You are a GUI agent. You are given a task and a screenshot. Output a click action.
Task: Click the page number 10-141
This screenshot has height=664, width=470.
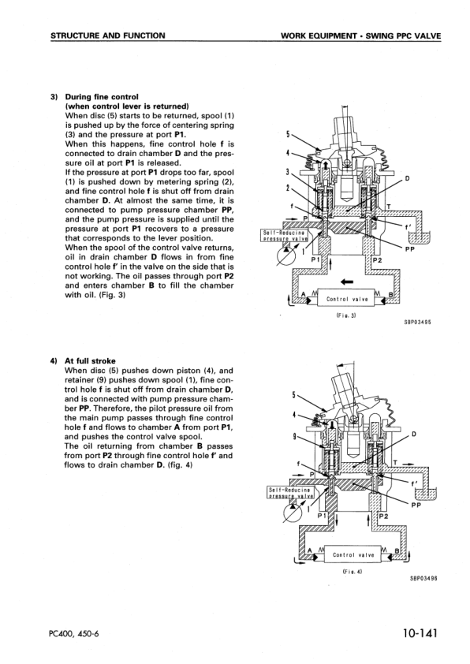coord(414,633)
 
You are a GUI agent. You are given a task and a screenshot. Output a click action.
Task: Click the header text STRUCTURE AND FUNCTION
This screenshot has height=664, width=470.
coord(107,35)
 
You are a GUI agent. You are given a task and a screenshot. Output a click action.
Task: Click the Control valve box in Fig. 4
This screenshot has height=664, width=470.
coord(348,554)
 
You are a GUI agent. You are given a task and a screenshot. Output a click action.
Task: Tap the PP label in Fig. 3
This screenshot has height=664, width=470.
coord(409,249)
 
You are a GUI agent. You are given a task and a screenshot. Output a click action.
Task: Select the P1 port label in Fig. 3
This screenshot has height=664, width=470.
coord(315,259)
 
